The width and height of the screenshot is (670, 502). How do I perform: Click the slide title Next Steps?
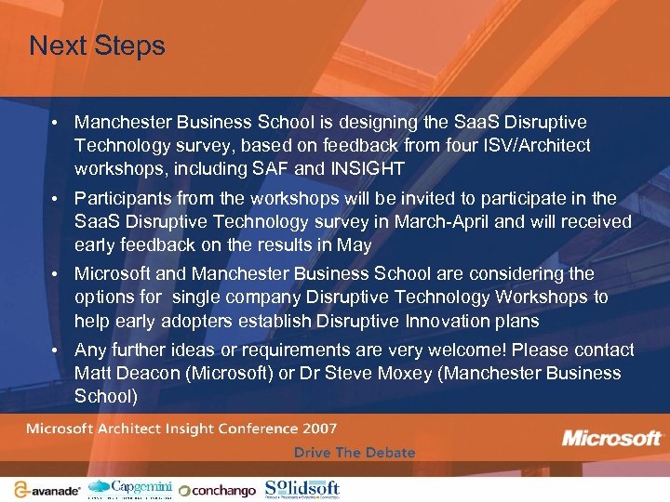(x=97, y=46)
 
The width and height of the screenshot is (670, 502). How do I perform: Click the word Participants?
(x=120, y=198)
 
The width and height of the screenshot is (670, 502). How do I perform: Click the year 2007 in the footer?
(x=318, y=429)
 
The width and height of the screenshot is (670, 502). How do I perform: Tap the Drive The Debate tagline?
(x=354, y=453)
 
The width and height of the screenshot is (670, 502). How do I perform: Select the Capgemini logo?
(x=130, y=487)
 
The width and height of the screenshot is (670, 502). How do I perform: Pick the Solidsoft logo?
(x=301, y=488)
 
